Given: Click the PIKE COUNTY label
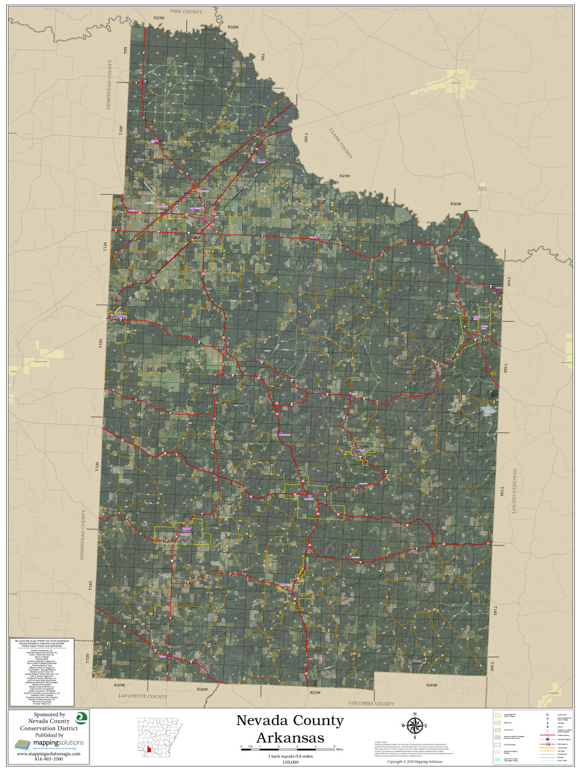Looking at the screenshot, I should click(186, 11).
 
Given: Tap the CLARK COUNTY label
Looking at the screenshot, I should click(341, 143).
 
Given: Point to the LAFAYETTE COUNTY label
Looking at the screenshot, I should click(143, 697).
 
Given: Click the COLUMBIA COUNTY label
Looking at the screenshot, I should click(371, 703).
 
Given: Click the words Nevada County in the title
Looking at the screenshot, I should click(289, 721).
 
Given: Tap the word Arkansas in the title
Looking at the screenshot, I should click(290, 738).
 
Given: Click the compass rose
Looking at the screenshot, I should click(415, 726).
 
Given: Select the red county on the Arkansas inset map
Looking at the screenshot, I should click(149, 750).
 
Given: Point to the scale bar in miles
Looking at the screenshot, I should click(288, 748).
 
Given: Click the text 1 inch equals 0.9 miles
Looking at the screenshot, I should click(290, 756).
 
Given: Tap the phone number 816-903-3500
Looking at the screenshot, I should click(48, 759).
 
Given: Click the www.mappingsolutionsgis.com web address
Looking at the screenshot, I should click(48, 754).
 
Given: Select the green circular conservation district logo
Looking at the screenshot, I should click(80, 718).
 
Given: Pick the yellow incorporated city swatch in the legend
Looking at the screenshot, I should click(497, 715).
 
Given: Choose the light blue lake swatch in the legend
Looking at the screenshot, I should click(497, 760).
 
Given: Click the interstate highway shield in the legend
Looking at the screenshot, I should click(548, 739).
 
